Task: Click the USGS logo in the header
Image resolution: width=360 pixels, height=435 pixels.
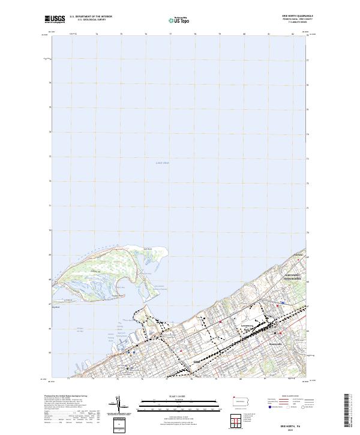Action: point(55,19)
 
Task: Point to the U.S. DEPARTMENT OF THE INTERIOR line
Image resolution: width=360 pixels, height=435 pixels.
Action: point(91,17)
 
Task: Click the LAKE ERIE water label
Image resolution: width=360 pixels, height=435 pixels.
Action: point(163,163)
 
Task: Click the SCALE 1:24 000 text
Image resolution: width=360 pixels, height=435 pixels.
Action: point(180,397)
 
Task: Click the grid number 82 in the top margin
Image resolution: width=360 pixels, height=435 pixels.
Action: point(293,35)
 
